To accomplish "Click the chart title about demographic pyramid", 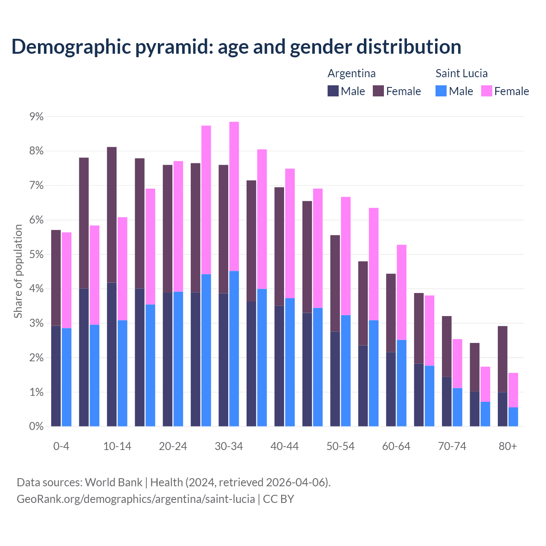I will tap(236, 46).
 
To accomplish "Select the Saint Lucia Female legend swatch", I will tap(486, 91).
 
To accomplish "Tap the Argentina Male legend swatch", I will tap(333, 91).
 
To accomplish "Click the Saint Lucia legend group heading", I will tap(461, 73).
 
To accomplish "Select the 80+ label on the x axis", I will tap(508, 446).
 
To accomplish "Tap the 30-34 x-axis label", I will tap(229, 446).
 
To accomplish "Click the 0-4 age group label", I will tap(61, 446).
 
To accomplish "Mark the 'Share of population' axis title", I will tap(18, 271).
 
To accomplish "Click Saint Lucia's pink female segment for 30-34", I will tap(234, 196).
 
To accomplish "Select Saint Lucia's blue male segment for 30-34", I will tap(234, 349).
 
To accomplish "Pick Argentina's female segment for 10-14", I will tap(112, 215).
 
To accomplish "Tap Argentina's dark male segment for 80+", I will tap(502, 409).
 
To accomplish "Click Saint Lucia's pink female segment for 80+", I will tap(513, 390).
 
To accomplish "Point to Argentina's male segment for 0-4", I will tap(56, 376).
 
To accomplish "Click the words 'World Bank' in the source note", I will tap(113, 482).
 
